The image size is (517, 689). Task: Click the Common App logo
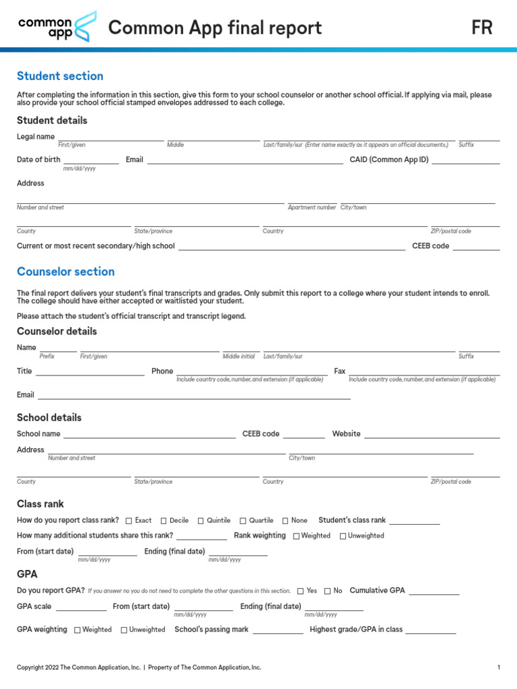coord(57,27)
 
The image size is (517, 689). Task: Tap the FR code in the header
coord(482,28)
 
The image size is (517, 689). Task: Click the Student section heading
coord(60,76)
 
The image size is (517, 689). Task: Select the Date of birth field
coord(91,159)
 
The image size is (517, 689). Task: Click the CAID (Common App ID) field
coord(465,159)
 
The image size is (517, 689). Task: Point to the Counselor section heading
coord(65,272)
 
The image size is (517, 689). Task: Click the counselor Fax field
coord(423,371)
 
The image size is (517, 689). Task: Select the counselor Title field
coord(90,371)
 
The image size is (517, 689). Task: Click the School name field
coord(149,434)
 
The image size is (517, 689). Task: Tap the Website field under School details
coord(432,434)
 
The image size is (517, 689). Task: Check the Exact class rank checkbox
coord(129,521)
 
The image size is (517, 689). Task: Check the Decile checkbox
coord(164,521)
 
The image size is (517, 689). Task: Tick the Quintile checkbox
coord(201,521)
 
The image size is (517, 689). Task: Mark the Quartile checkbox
coord(243,521)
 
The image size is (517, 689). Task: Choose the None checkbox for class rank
coord(285,521)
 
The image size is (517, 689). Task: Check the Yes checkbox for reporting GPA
coord(300,591)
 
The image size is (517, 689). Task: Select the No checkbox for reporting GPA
coord(327,591)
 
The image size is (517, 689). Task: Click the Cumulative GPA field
coord(434,591)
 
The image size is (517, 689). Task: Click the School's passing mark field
coord(277,630)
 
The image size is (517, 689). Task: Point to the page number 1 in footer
coord(498,667)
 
